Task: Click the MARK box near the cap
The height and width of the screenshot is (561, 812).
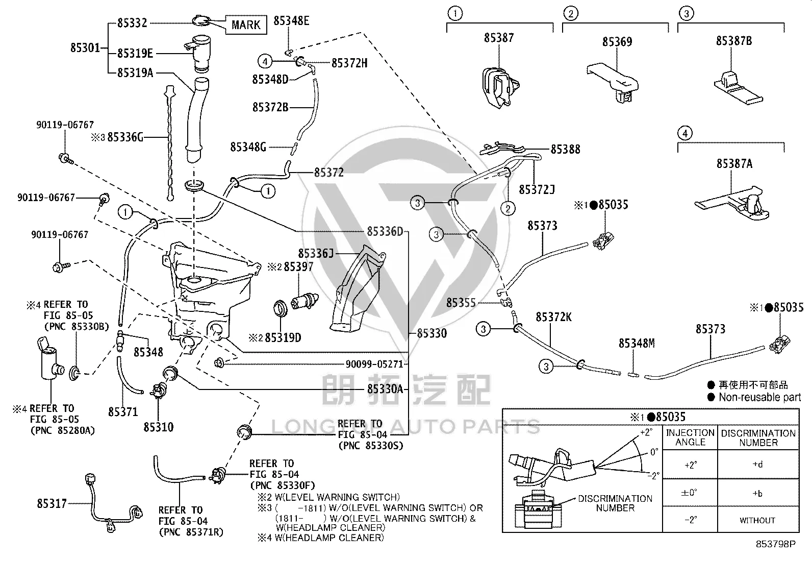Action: click(246, 25)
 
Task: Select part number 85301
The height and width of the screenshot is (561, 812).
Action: click(85, 47)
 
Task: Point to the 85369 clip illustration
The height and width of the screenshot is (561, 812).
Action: click(613, 82)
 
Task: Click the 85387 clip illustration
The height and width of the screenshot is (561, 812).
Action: click(500, 88)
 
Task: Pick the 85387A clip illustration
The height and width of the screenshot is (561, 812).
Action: click(732, 204)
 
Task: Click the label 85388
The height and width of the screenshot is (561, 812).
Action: click(565, 149)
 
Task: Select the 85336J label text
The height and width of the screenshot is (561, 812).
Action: click(316, 253)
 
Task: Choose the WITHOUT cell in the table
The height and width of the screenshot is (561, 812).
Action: click(757, 520)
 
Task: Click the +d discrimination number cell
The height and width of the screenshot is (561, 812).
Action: click(757, 465)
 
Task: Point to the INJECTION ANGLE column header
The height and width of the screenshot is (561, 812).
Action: click(690, 437)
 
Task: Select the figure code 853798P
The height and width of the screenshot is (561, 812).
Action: click(776, 544)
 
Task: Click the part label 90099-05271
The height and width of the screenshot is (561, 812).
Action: click(374, 364)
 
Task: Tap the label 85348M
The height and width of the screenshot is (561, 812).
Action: click(637, 343)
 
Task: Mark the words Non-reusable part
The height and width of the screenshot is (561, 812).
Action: click(760, 397)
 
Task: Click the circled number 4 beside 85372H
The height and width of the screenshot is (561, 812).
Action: click(265, 61)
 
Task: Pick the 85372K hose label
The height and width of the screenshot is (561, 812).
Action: click(553, 317)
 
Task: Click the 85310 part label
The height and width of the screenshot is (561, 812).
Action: click(159, 427)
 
